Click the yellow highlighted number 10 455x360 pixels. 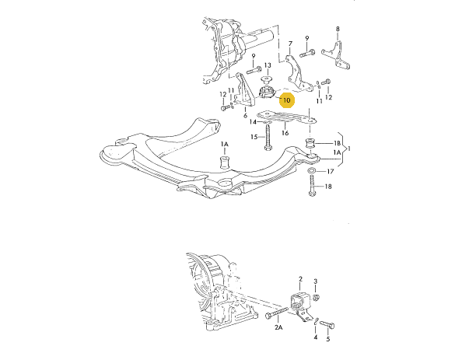[286, 100]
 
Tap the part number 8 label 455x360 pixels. [338, 29]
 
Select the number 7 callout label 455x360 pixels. [290, 44]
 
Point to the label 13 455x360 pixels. [268, 65]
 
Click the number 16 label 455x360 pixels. [285, 133]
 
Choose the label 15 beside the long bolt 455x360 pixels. [254, 137]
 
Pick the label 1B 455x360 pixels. [337, 143]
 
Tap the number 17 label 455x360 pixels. [331, 172]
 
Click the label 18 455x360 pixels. [328, 187]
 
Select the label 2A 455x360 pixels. [278, 327]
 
